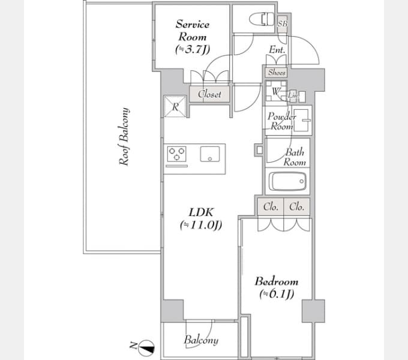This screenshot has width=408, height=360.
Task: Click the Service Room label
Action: (193, 31)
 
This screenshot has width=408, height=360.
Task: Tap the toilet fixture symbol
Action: (262, 20)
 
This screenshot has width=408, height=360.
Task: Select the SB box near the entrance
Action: (283, 24)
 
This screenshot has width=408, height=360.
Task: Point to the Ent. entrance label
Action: (277, 50)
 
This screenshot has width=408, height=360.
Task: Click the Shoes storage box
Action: (277, 73)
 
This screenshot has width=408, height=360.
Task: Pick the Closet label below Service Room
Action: (209, 94)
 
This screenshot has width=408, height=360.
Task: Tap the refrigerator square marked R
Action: (175, 106)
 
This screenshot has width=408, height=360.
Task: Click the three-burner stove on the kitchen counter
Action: (176, 154)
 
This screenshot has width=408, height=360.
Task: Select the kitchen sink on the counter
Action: (210, 154)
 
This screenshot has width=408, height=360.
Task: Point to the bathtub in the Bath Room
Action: (287, 181)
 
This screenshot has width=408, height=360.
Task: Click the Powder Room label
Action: (282, 121)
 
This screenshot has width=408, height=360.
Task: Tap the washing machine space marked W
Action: (276, 91)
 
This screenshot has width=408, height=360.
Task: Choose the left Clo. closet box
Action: (271, 207)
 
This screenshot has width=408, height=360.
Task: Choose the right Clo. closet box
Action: (296, 207)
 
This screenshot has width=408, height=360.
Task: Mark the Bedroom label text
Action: (277, 281)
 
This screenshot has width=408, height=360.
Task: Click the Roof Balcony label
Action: (124, 136)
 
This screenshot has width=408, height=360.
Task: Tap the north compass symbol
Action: (146, 348)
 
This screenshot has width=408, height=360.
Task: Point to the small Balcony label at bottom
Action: (201, 340)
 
